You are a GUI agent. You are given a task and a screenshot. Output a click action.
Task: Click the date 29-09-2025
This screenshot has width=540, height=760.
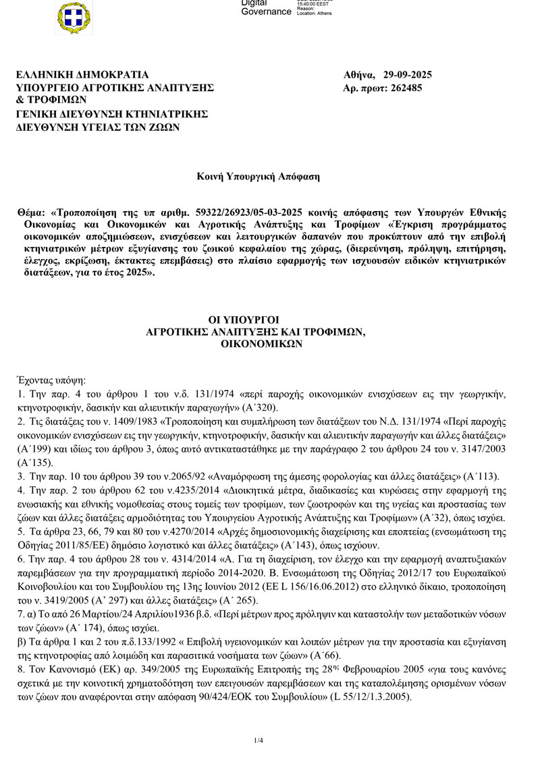point(407,75)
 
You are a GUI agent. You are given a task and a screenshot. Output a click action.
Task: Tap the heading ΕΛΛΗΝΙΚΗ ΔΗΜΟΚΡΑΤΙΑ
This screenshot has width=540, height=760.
point(82,75)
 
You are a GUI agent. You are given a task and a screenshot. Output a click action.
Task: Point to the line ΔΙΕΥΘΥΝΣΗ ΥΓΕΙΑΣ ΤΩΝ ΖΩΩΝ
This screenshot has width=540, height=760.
point(98,126)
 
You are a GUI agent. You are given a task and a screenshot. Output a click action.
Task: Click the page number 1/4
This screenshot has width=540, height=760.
point(258,740)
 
